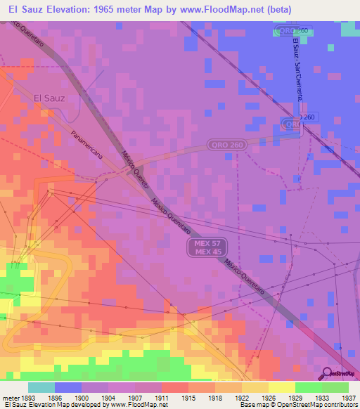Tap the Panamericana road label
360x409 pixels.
(87, 146)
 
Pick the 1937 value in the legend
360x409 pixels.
(348, 398)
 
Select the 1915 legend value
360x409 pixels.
(188, 398)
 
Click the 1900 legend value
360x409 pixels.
(82, 398)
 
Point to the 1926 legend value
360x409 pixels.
(268, 398)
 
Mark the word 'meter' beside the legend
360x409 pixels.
(9, 398)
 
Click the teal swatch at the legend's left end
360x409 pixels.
(41, 387)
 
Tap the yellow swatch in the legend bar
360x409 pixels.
(281, 387)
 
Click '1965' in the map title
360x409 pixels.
(100, 8)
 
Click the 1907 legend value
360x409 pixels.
(135, 398)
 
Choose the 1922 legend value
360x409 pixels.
(241, 398)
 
